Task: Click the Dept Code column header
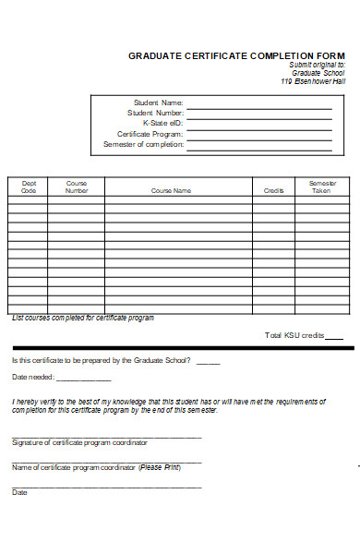29,187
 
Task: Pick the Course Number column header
77,187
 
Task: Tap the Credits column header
273,190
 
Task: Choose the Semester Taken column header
321,187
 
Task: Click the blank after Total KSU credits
334,338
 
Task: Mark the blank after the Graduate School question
208,363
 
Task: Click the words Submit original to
317,65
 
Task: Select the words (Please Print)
160,467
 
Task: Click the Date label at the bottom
19,492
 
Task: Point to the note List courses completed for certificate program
83,318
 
